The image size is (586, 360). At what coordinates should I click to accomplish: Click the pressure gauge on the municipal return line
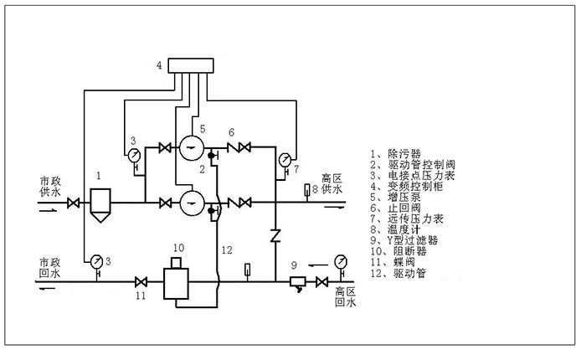[x=97, y=260]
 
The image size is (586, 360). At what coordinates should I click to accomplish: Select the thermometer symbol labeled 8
[x=307, y=192]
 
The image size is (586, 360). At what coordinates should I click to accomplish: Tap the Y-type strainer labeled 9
[x=296, y=282]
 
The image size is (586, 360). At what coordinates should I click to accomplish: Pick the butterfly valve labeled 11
[x=141, y=281]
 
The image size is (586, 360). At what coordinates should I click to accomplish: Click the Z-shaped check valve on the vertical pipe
[x=275, y=234]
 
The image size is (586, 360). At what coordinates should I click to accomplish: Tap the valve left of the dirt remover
[x=74, y=203]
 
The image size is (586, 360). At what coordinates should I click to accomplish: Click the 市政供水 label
[x=50, y=187]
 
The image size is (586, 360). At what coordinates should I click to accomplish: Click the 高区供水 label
[x=332, y=184]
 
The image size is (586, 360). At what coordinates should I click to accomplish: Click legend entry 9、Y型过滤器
[x=404, y=239]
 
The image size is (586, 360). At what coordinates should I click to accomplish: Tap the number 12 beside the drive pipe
[x=225, y=249]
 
